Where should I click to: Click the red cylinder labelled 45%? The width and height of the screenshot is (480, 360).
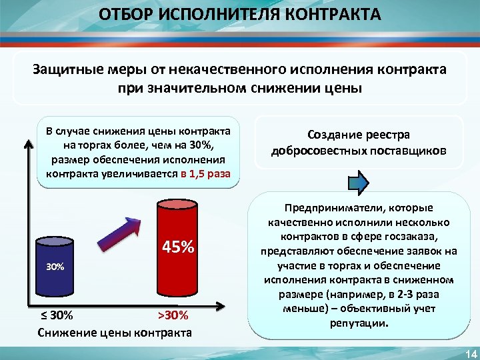tap(177, 250)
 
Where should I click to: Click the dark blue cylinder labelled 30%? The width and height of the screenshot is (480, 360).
tap(55, 267)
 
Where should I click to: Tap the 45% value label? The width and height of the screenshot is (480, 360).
tap(179, 248)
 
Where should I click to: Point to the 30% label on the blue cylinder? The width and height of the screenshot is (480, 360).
tap(55, 267)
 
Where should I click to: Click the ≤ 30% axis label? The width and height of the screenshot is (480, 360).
tap(56, 315)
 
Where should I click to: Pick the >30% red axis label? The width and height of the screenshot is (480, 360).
tap(173, 315)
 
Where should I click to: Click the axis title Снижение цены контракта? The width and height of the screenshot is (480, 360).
tap(115, 331)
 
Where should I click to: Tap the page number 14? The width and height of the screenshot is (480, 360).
tap(469, 352)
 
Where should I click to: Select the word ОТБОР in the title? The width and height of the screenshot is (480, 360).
tap(124, 14)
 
